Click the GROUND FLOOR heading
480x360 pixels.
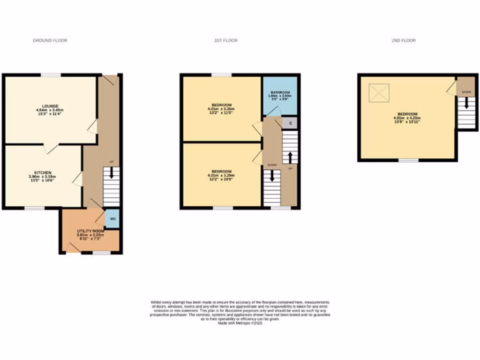click(x=50, y=41)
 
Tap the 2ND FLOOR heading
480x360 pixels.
click(x=404, y=41)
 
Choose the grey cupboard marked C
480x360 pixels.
click(x=290, y=123)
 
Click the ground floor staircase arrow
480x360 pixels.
click(x=112, y=173)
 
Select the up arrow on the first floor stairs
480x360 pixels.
click(x=290, y=157)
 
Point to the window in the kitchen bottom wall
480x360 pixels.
click(x=35, y=208)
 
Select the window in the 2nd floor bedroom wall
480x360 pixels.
click(x=408, y=160)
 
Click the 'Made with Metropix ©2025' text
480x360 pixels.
click(x=240, y=323)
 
